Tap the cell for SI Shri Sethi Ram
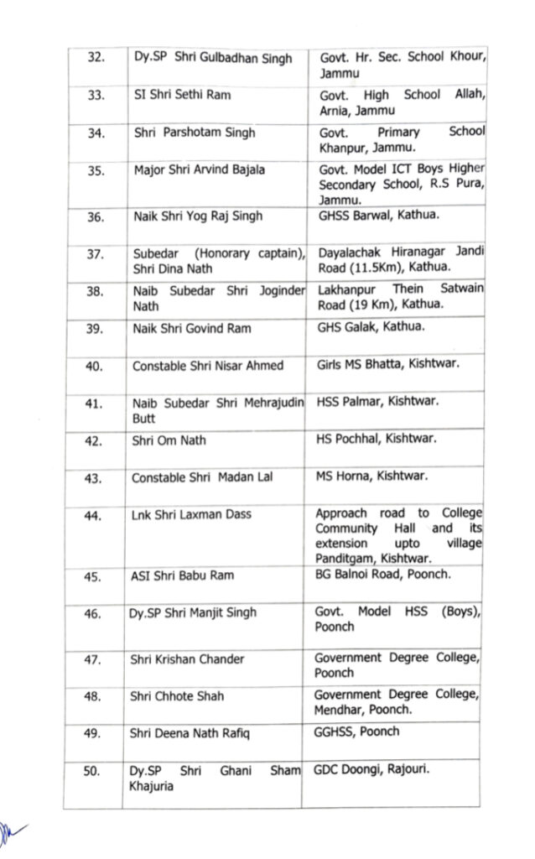182,95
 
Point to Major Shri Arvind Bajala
200,169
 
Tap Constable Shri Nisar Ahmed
207,366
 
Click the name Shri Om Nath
169,440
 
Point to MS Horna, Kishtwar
371,477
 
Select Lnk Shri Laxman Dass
191,513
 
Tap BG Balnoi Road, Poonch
382,575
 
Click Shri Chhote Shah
177,696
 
